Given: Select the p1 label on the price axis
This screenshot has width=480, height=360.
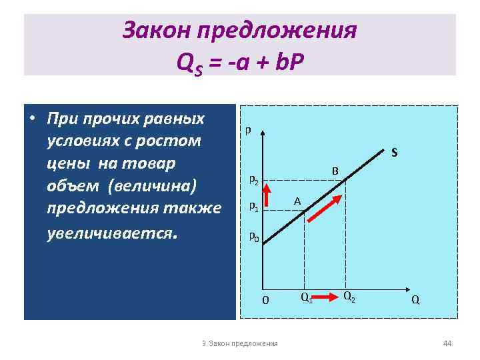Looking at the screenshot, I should (x=254, y=206).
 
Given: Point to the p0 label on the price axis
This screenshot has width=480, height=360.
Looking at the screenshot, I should (x=254, y=235).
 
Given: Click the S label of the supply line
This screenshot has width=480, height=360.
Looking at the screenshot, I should (x=395, y=153).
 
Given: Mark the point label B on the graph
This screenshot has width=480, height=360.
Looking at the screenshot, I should (x=336, y=172).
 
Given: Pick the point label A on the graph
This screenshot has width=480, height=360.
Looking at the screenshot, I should (x=298, y=201).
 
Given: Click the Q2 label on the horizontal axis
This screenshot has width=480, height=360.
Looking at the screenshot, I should (x=349, y=295).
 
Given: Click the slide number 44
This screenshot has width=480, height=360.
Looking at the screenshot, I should (x=447, y=343).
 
